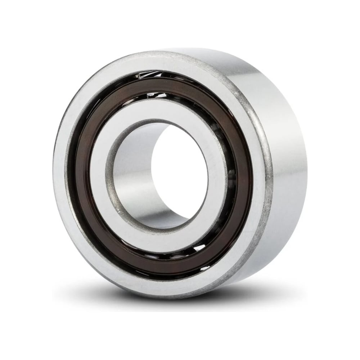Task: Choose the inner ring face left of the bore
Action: click(x=99, y=173)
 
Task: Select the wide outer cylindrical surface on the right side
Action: click(x=288, y=173)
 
